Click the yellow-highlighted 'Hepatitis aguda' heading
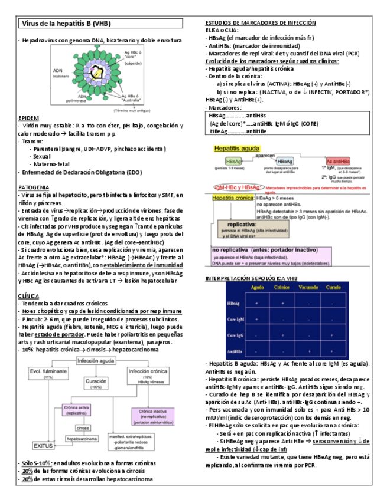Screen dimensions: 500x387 pyautogui.click(x=235, y=149)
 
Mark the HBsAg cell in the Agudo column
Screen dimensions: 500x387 pyautogui.click(x=257, y=303)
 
